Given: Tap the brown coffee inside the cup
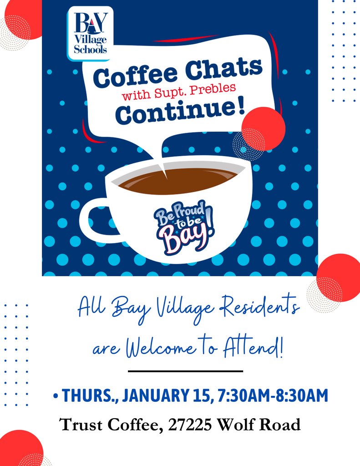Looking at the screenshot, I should pos(178,180).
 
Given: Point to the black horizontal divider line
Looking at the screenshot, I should pos(185,371).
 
